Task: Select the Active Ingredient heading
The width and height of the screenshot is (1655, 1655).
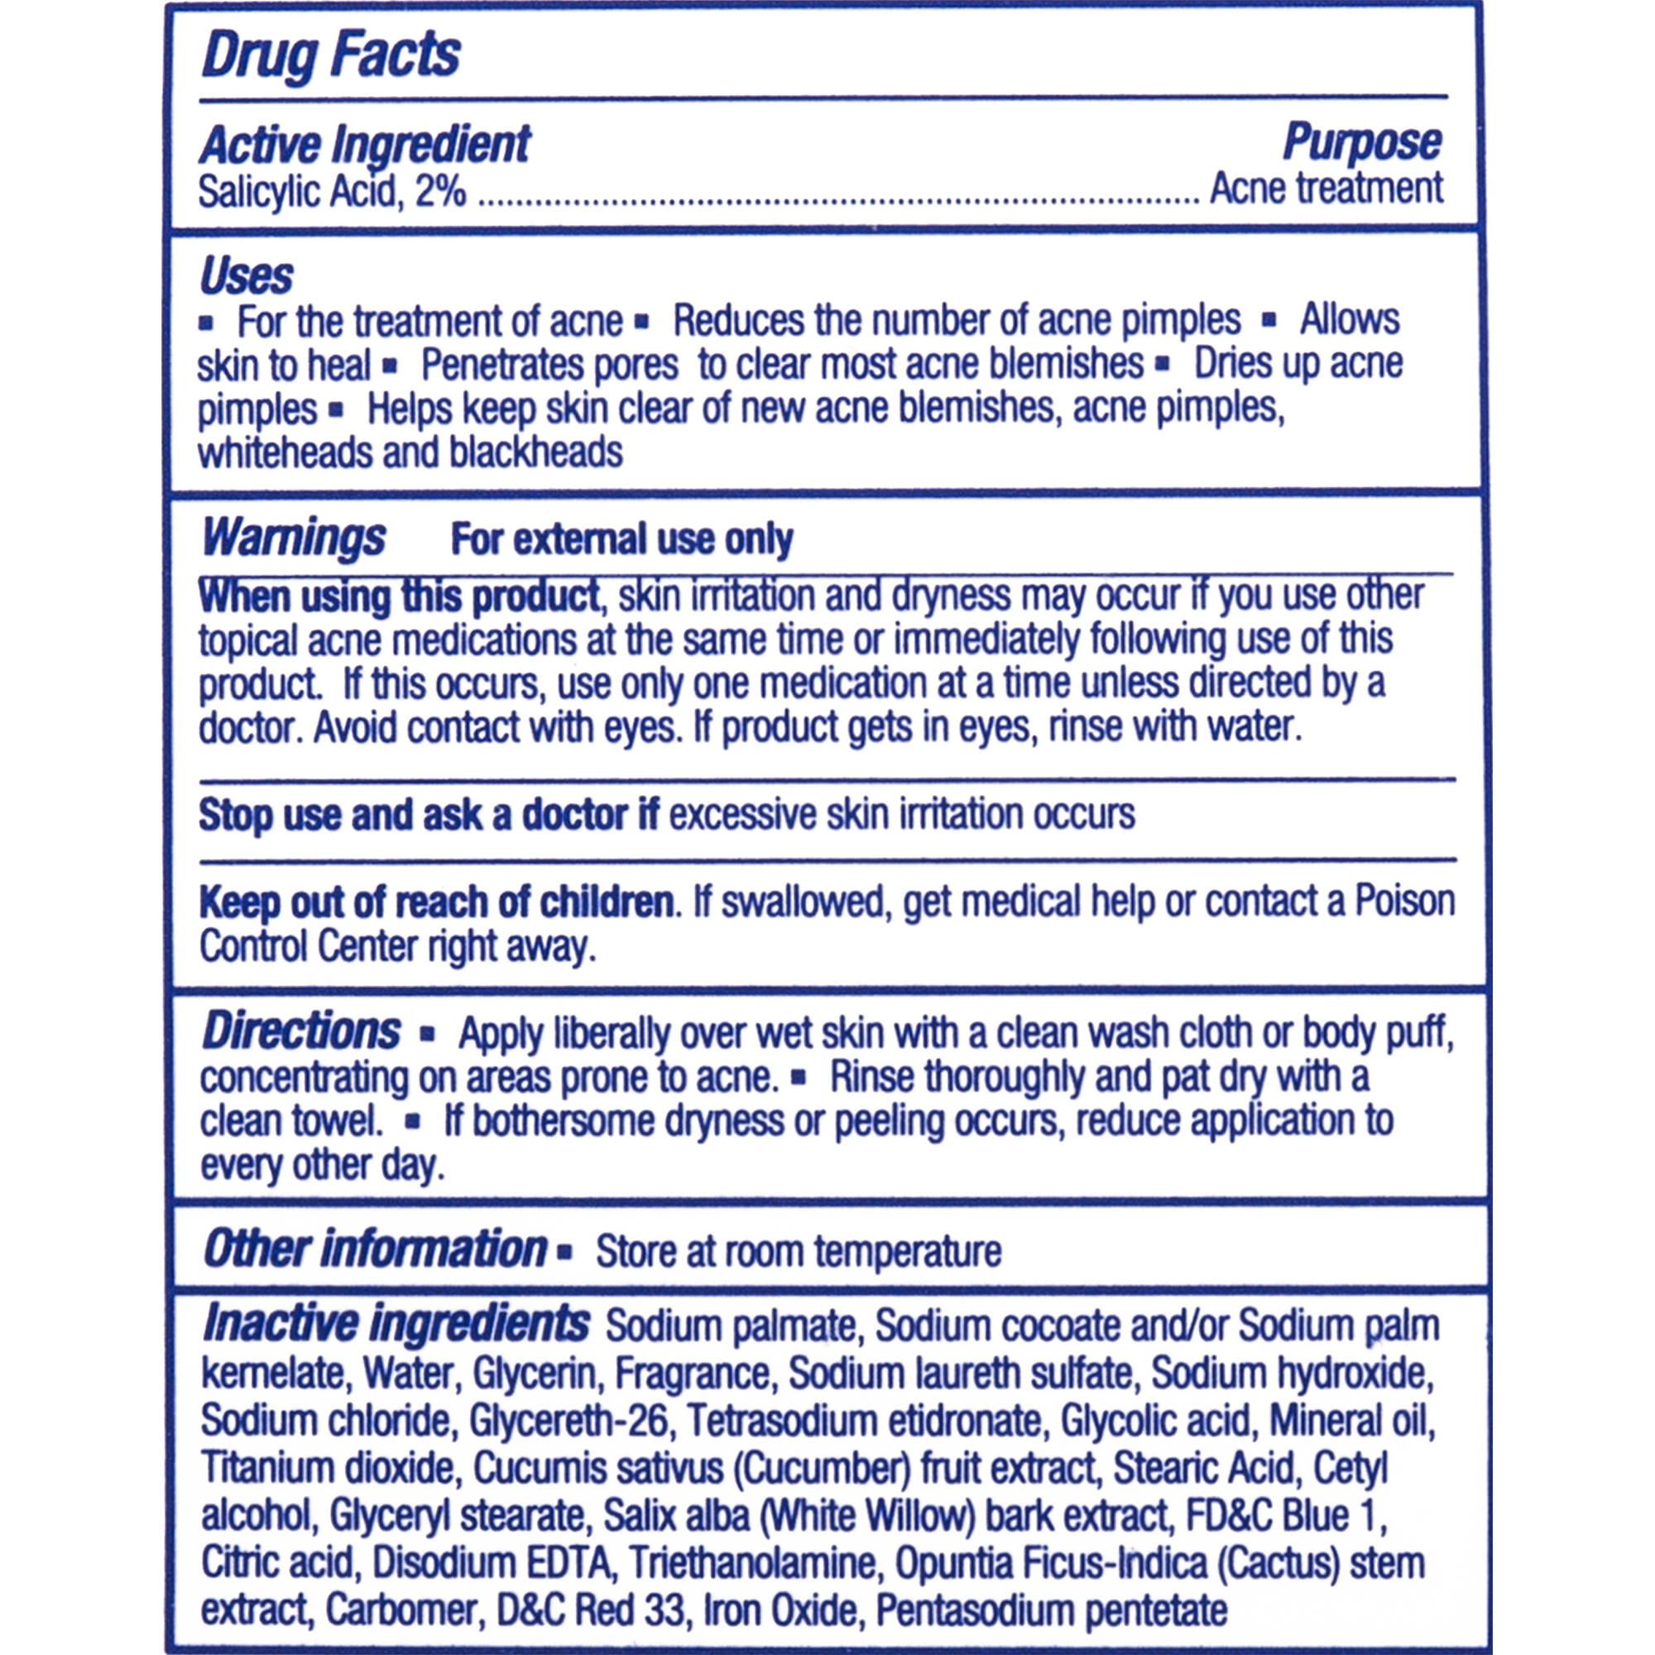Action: pos(365,144)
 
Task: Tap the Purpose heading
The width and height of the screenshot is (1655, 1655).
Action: pos(1361,142)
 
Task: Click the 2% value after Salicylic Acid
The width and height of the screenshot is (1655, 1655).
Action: pos(441,191)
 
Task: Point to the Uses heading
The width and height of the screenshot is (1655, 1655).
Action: pos(246,276)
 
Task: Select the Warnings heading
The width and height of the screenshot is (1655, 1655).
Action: pos(294,539)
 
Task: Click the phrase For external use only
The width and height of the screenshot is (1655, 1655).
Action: pos(621,540)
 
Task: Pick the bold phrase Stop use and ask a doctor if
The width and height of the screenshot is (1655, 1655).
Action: pos(428,814)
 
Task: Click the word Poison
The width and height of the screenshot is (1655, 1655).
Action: pos(1404,901)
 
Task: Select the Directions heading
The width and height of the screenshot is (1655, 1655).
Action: pos(300,1031)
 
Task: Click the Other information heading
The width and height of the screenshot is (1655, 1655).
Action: pos(374,1249)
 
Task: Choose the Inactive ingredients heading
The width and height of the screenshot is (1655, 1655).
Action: pos(395,1323)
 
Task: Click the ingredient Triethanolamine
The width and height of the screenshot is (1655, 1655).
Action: pos(753,1563)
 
